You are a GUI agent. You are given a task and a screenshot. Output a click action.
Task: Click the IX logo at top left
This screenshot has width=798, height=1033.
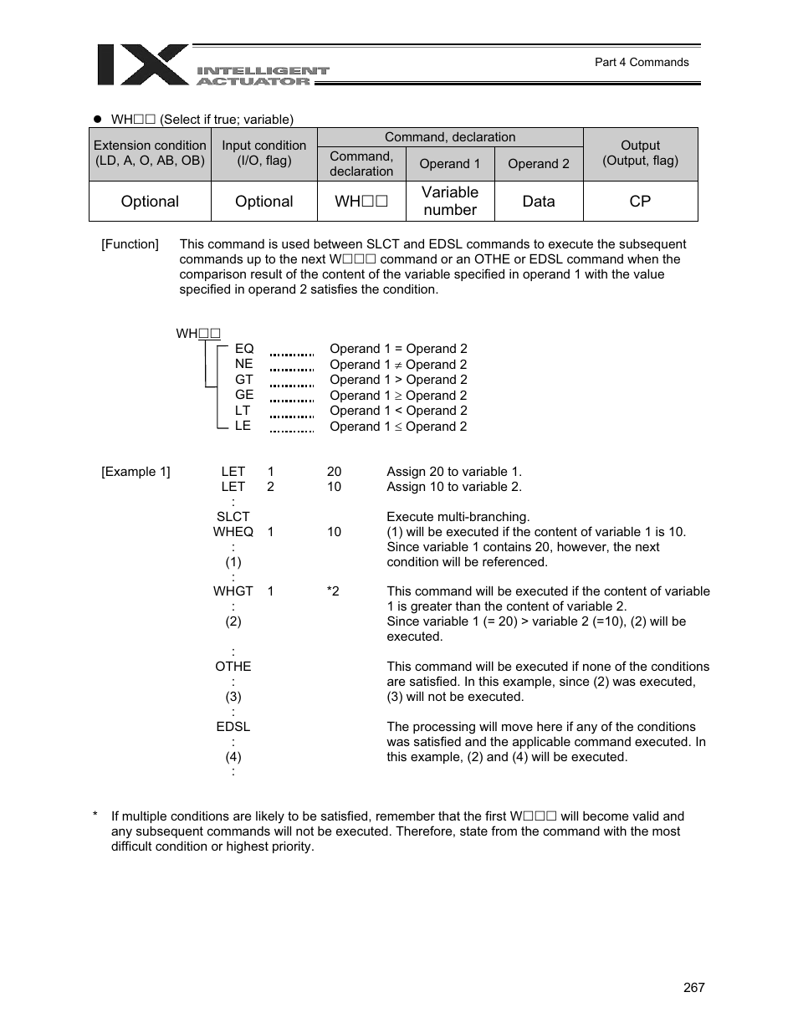[142, 65]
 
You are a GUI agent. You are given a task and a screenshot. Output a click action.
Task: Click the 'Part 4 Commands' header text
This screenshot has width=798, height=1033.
[641, 62]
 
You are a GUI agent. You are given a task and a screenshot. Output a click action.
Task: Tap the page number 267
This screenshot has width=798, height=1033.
[693, 987]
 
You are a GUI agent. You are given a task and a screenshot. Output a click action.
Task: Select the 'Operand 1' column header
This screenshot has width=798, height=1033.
[450, 164]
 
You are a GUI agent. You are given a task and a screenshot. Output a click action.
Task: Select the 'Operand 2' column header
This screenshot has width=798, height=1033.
[538, 164]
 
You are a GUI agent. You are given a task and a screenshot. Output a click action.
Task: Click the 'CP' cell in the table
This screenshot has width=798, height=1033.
[640, 202]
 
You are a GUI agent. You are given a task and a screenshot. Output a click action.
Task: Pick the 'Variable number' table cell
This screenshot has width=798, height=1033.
[450, 202]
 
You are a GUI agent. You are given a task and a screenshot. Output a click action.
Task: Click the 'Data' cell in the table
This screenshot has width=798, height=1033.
[538, 202]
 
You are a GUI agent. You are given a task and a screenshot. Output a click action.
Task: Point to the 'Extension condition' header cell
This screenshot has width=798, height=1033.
[150, 153]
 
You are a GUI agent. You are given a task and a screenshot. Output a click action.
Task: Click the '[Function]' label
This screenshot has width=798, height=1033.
[130, 244]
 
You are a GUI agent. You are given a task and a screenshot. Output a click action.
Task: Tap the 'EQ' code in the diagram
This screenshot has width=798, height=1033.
[244, 349]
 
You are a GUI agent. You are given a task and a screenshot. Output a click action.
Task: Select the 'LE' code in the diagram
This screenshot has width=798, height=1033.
[243, 426]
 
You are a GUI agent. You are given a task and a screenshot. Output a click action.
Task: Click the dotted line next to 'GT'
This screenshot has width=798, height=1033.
[292, 385]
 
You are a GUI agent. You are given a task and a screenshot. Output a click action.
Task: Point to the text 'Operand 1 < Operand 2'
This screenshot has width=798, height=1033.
[398, 411]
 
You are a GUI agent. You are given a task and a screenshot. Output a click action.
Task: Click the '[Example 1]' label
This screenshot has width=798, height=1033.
[136, 472]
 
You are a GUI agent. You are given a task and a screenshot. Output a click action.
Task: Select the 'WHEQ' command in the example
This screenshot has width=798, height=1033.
[233, 532]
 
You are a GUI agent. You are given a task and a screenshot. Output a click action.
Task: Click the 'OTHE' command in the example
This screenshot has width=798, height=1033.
[233, 667]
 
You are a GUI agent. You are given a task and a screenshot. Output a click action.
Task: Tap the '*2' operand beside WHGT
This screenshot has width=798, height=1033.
[333, 591]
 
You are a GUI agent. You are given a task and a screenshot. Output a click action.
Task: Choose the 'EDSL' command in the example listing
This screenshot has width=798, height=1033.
[233, 727]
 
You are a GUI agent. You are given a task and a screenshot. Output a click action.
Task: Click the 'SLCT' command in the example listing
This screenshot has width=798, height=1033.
[233, 517]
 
